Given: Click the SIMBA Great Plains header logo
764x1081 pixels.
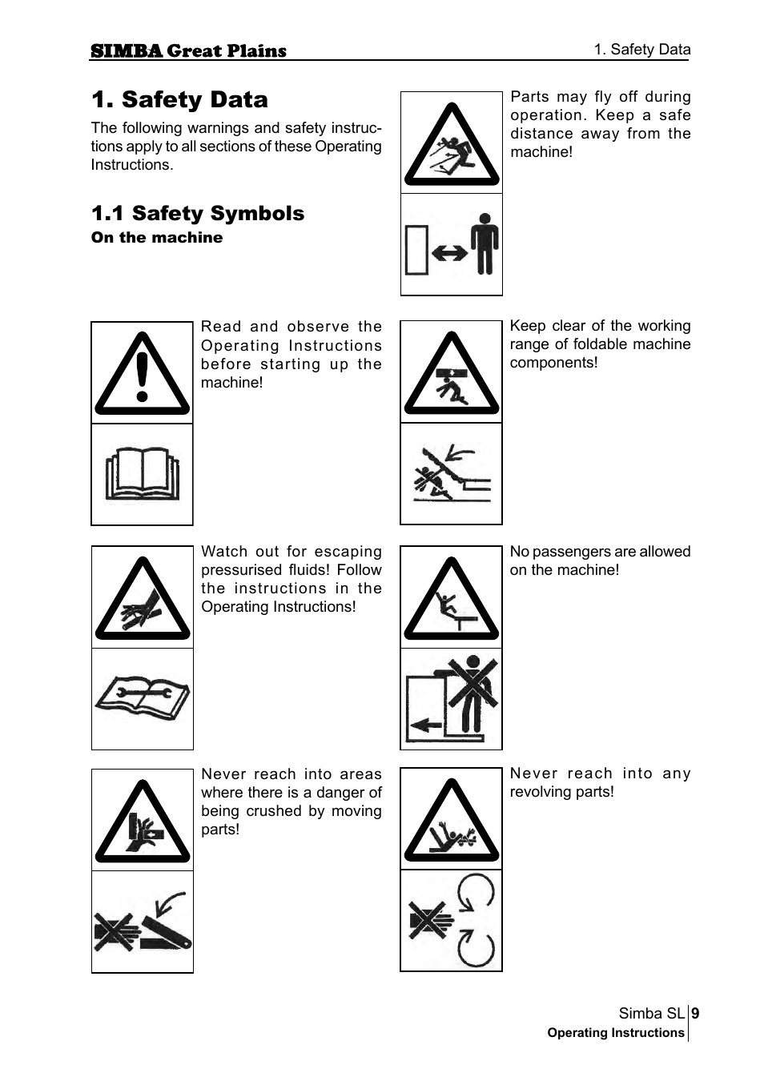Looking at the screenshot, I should [188, 51].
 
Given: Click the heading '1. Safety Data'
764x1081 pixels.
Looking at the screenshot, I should [179, 99].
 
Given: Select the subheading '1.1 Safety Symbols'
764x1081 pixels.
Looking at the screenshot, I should [198, 213].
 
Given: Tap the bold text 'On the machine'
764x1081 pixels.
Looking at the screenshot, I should [157, 238].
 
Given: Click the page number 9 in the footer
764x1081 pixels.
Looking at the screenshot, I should [695, 1014].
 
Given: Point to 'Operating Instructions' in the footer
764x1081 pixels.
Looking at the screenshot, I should [615, 1033].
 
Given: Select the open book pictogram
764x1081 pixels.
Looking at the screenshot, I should [143, 474].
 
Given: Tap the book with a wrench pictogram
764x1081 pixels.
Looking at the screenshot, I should [143, 698].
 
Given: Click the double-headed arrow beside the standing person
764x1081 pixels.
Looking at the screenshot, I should [449, 253].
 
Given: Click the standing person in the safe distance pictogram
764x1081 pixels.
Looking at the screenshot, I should [484, 244].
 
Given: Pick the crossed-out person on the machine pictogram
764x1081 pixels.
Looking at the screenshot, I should [472, 689].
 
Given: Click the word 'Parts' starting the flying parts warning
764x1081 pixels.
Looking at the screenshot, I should [529, 97].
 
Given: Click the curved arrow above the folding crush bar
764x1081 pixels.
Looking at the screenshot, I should [171, 902].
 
